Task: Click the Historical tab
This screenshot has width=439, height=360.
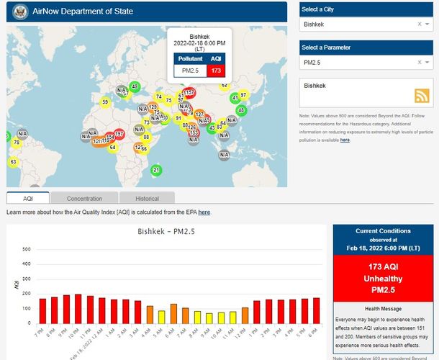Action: coord(147,198)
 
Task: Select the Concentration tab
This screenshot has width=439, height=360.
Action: coord(84,198)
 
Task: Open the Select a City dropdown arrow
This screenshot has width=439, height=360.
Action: coord(428,24)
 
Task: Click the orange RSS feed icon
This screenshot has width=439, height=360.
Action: coord(422,96)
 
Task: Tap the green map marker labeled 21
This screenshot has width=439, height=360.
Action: coord(157,170)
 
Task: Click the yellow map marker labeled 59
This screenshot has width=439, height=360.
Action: coord(104,102)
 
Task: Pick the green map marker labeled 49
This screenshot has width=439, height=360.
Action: coord(135,86)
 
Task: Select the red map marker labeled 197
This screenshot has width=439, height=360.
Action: coord(119,134)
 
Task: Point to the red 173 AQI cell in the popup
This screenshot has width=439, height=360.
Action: coord(216,71)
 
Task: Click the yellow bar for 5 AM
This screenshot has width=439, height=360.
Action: coord(162,317)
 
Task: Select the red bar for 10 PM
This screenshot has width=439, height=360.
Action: coord(78,308)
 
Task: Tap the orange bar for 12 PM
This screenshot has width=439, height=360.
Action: coord(245,315)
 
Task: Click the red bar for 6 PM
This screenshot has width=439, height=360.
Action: coord(316,310)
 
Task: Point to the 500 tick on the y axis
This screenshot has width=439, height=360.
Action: coord(27,250)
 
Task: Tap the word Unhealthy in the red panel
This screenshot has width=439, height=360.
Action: coord(383,279)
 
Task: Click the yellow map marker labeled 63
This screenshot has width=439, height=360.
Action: coord(13,161)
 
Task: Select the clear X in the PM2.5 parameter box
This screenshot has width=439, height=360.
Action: coord(420,63)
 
